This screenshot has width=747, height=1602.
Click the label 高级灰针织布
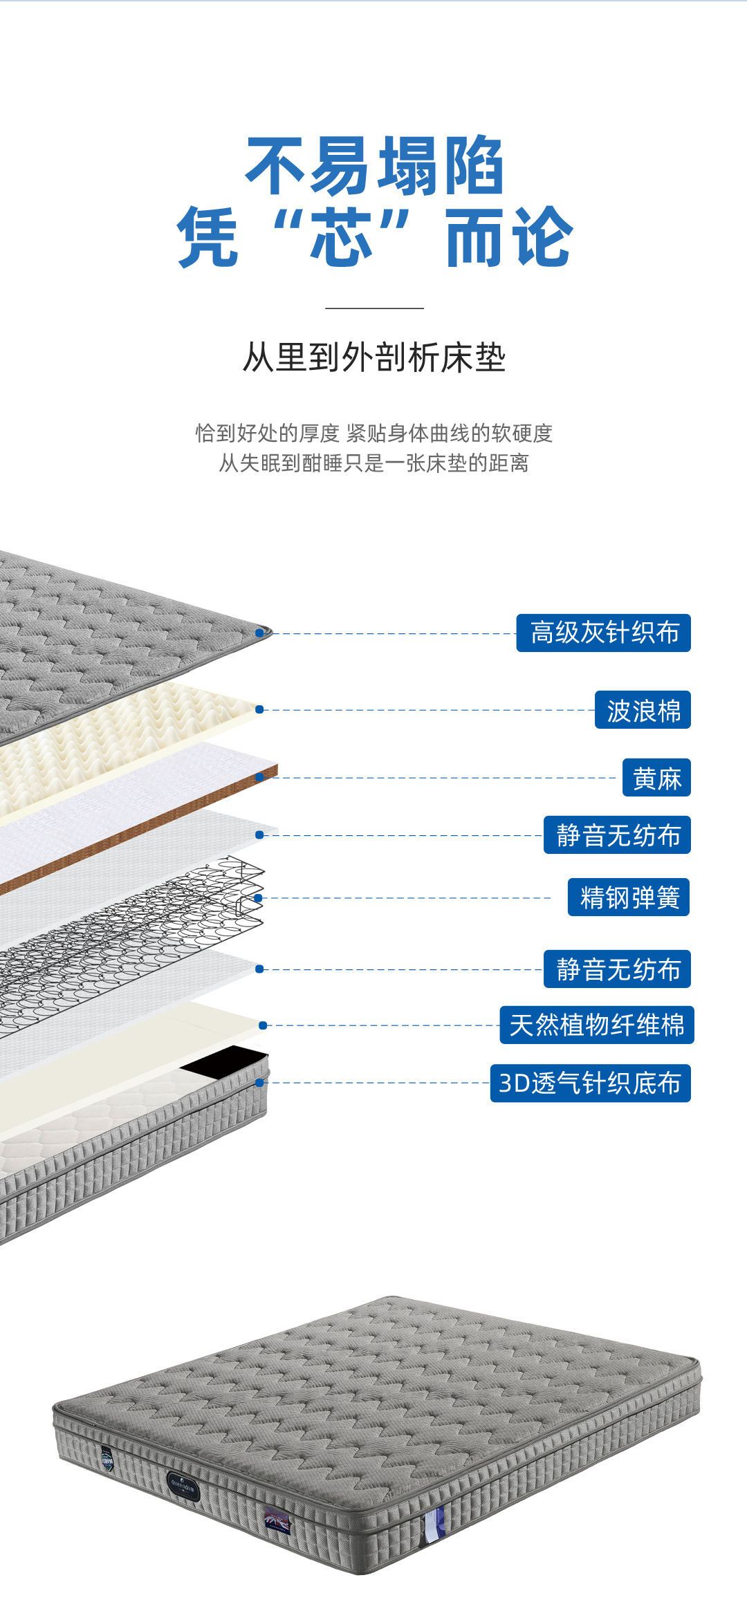pyautogui.click(x=603, y=633)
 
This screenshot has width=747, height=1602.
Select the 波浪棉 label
pyautogui.click(x=643, y=710)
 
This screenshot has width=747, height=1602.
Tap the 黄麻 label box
pyautogui.click(x=656, y=778)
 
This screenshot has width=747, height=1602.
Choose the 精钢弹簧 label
pyautogui.click(x=629, y=897)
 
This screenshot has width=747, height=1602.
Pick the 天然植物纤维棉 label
pyautogui.click(x=596, y=1025)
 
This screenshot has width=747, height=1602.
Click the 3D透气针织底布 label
pyautogui.click(x=590, y=1083)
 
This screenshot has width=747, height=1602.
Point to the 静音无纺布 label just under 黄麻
pyautogui.click(x=617, y=835)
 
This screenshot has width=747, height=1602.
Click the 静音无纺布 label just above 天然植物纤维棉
pyautogui.click(x=617, y=969)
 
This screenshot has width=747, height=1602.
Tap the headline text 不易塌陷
pyautogui.click(x=374, y=166)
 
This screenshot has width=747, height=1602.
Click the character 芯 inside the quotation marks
pyautogui.click(x=341, y=236)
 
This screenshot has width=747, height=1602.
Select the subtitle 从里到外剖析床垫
pyautogui.click(x=374, y=358)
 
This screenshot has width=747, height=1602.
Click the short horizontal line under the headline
pyautogui.click(x=374, y=308)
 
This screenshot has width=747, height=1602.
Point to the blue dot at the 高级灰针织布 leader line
pyautogui.click(x=259, y=633)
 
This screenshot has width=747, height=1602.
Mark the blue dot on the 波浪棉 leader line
pyautogui.click(x=259, y=709)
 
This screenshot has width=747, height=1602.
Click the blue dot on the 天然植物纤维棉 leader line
pyautogui.click(x=263, y=1025)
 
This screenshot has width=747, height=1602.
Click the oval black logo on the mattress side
pyautogui.click(x=183, y=1485)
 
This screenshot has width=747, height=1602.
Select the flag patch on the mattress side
pyautogui.click(x=277, y=1519)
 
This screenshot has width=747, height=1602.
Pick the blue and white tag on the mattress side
pyautogui.click(x=434, y=1523)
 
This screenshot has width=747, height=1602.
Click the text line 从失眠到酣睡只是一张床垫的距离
pyautogui.click(x=374, y=463)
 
